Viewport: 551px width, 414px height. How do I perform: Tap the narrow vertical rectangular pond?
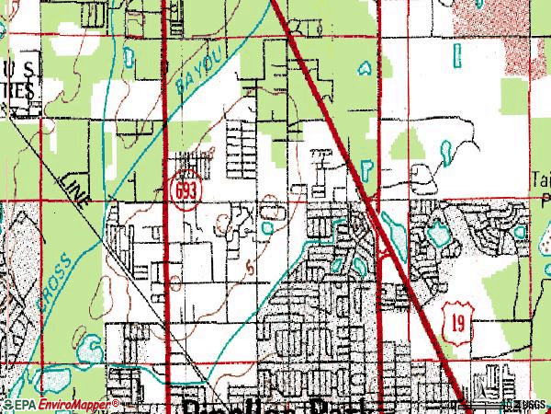coord(455,57)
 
